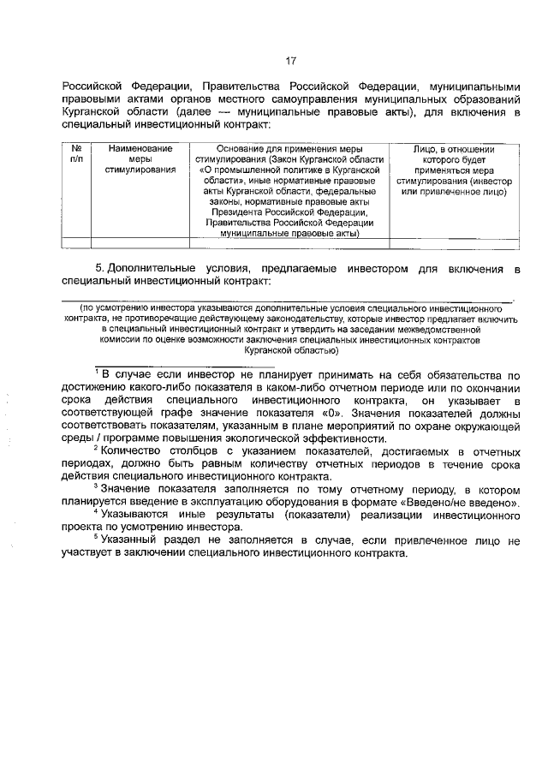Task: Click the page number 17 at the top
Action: [x=290, y=61]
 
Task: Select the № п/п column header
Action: [x=75, y=154]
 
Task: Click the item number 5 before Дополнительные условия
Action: [x=99, y=269]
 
